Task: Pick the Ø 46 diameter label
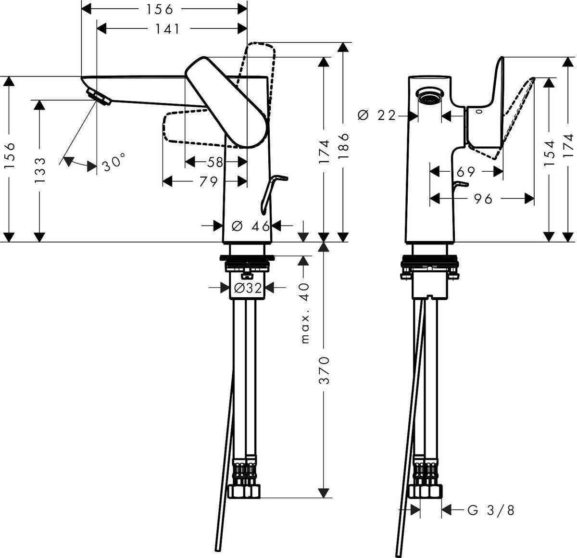pyautogui.click(x=251, y=226)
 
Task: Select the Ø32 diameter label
pyautogui.click(x=247, y=288)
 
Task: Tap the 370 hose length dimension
pyautogui.click(x=325, y=370)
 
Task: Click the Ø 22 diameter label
pyautogui.click(x=383, y=115)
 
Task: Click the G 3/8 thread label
pyautogui.click(x=490, y=510)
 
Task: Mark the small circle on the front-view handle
pyautogui.click(x=479, y=112)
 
